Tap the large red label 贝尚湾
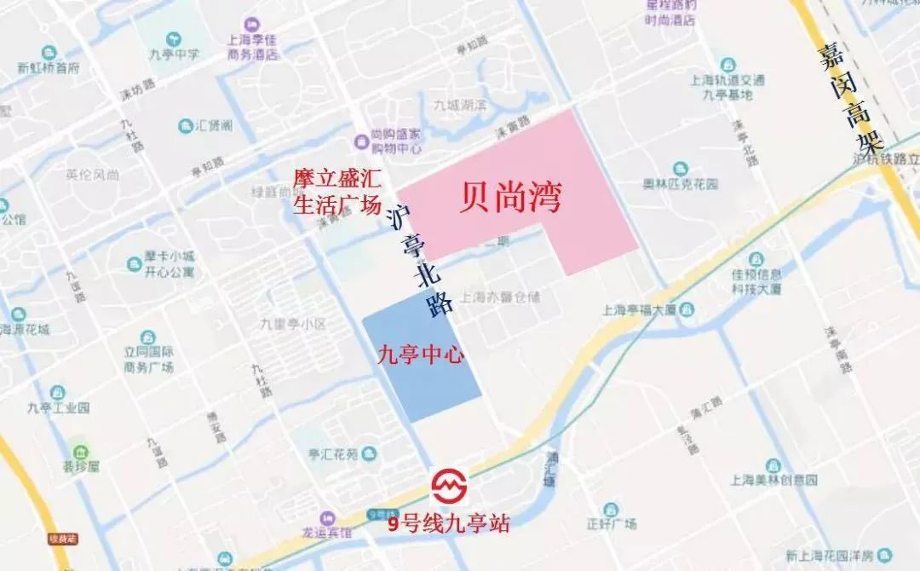[509, 198]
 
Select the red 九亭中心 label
[421, 354]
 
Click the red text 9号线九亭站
[448, 523]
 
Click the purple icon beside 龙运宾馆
[327, 518]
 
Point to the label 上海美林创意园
[773, 478]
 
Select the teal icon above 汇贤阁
[186, 126]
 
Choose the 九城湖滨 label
[458, 107]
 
